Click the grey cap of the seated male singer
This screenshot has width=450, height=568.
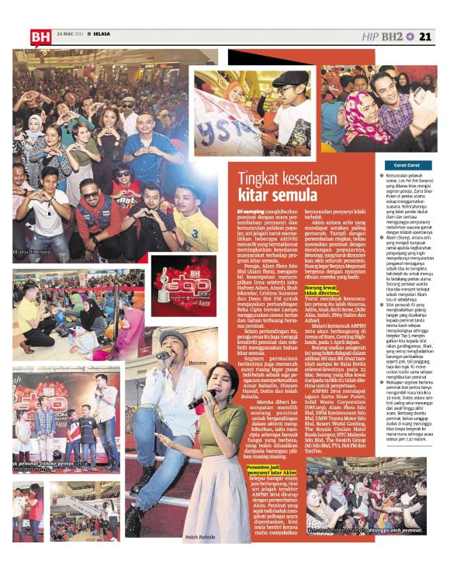coord(172,336)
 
